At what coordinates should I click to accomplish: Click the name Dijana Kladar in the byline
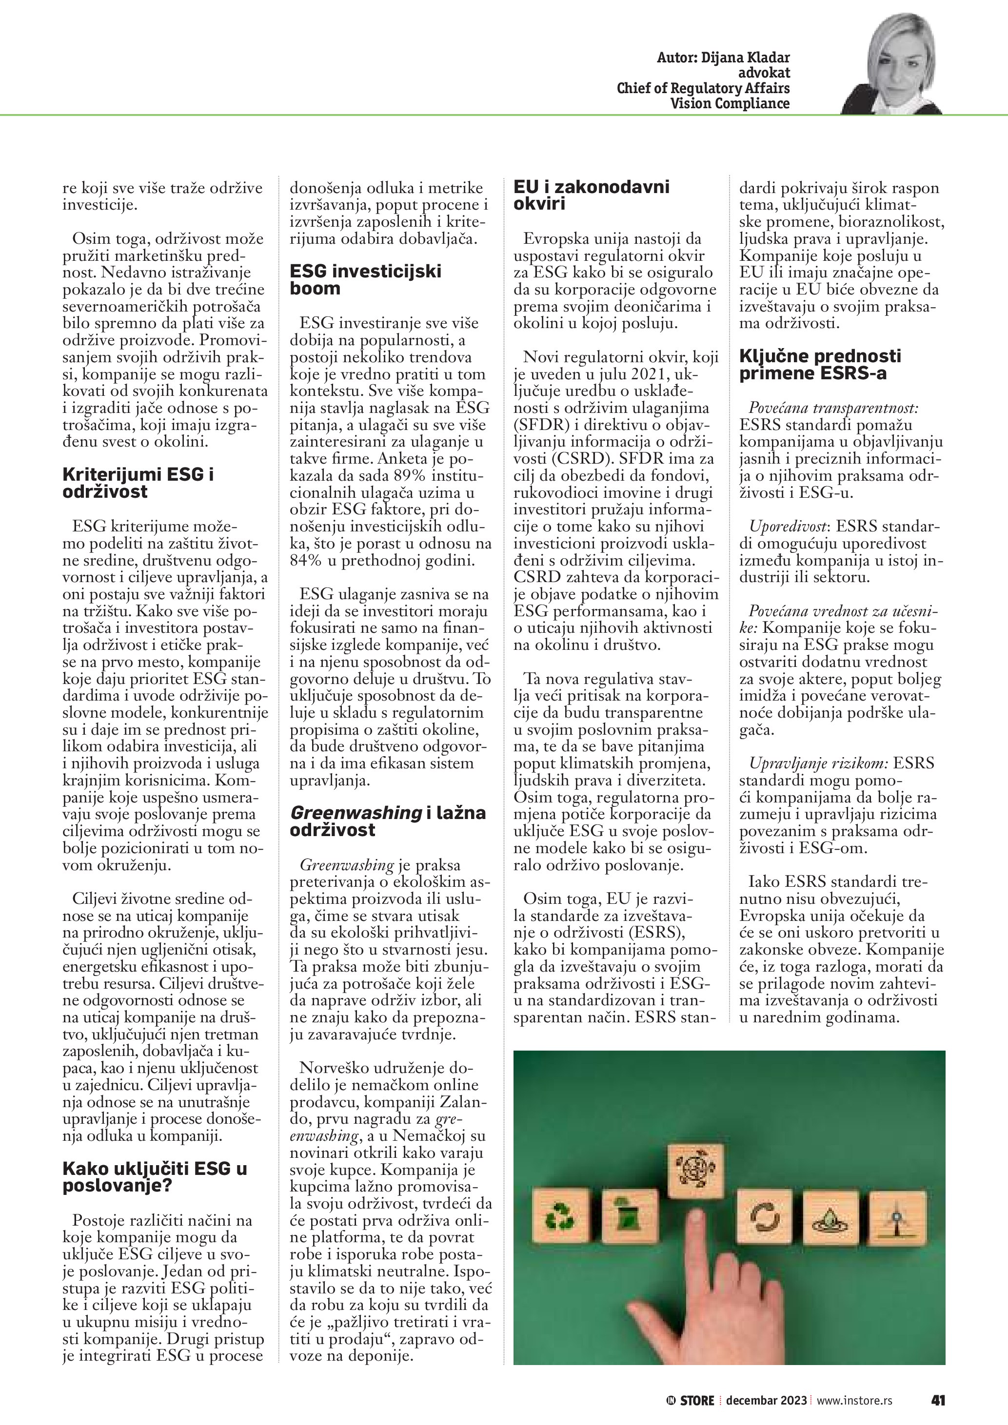pos(746,58)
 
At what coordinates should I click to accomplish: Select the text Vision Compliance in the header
pos(730,104)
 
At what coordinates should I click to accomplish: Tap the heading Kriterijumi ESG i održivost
pos(138,483)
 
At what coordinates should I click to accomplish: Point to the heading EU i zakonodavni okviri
pos(591,195)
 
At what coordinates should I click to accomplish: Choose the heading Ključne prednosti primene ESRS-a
pos(819,364)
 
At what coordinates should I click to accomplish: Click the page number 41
pos(937,1400)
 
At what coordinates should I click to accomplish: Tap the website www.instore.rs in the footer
pos(854,1400)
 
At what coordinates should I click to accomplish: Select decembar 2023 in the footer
pos(766,1400)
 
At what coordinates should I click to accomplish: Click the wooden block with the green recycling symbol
pos(560,1218)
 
